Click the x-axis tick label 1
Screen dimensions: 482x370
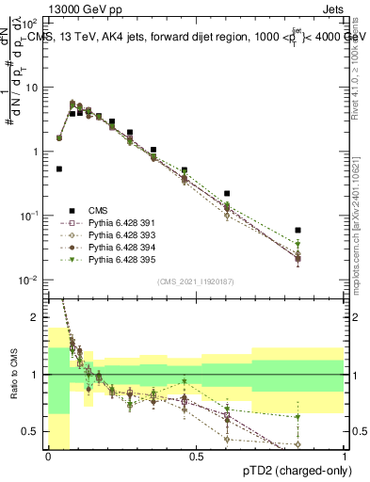pyautogui.click(x=344, y=457)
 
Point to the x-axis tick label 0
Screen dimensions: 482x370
pyautogui.click(x=47, y=457)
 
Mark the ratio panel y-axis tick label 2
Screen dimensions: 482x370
pyautogui.click(x=36, y=317)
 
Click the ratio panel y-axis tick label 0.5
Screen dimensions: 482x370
pyautogui.click(x=31, y=431)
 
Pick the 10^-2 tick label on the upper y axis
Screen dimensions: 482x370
pyautogui.click(x=30, y=281)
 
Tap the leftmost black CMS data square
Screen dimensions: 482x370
pyautogui.click(x=59, y=169)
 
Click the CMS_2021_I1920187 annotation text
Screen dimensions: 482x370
pyautogui.click(x=195, y=281)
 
